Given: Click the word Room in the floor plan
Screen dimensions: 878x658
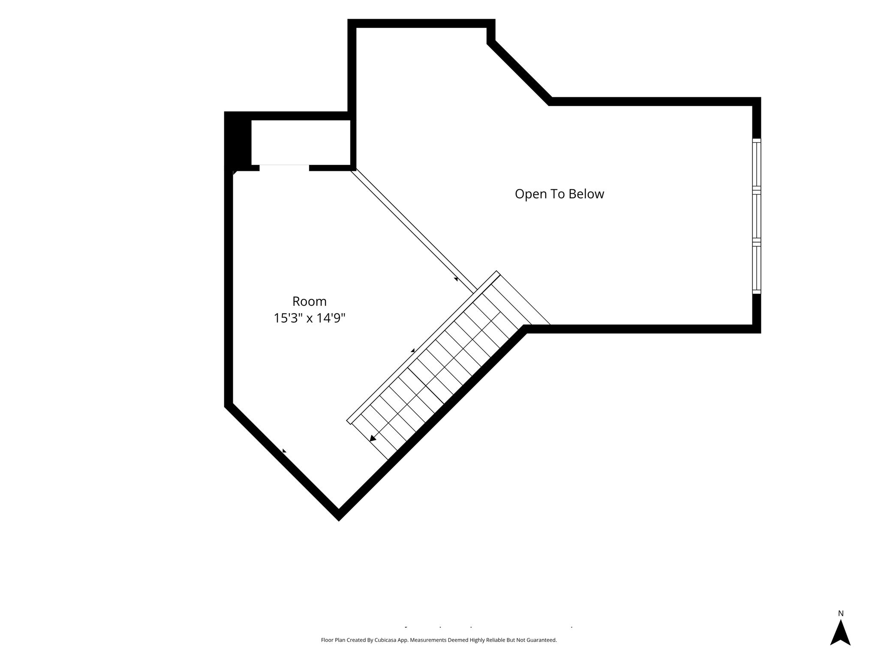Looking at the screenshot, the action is [310, 302].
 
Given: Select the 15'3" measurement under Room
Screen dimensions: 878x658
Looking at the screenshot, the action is [289, 318].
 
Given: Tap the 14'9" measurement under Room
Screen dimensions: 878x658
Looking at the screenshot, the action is [330, 318].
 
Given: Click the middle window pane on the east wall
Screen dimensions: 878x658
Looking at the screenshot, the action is [757, 216].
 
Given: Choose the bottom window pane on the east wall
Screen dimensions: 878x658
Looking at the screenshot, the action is [757, 268].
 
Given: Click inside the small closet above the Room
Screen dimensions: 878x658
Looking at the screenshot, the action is [301, 143].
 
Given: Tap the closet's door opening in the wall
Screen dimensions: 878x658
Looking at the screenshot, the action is [284, 167].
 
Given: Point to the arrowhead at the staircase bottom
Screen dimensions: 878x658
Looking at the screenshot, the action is [373, 438].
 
